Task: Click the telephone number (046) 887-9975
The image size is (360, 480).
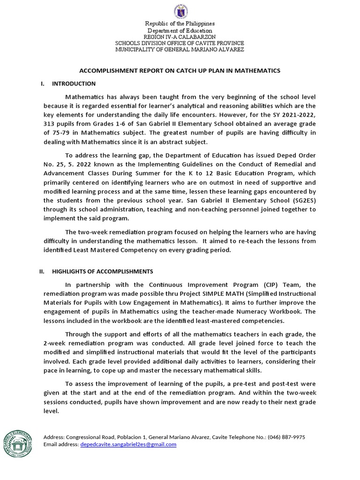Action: click(x=286, y=437)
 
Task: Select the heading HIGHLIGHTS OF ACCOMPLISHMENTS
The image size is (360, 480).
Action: click(x=99, y=271)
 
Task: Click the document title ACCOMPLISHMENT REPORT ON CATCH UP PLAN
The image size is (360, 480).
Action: click(x=180, y=70)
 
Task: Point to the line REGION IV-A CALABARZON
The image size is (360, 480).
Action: click(x=180, y=36)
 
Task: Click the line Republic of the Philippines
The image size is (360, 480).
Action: click(x=180, y=23)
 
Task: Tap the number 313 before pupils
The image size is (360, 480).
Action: click(x=49, y=124)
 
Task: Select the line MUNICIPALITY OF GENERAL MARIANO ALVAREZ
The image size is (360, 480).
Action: click(x=180, y=49)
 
